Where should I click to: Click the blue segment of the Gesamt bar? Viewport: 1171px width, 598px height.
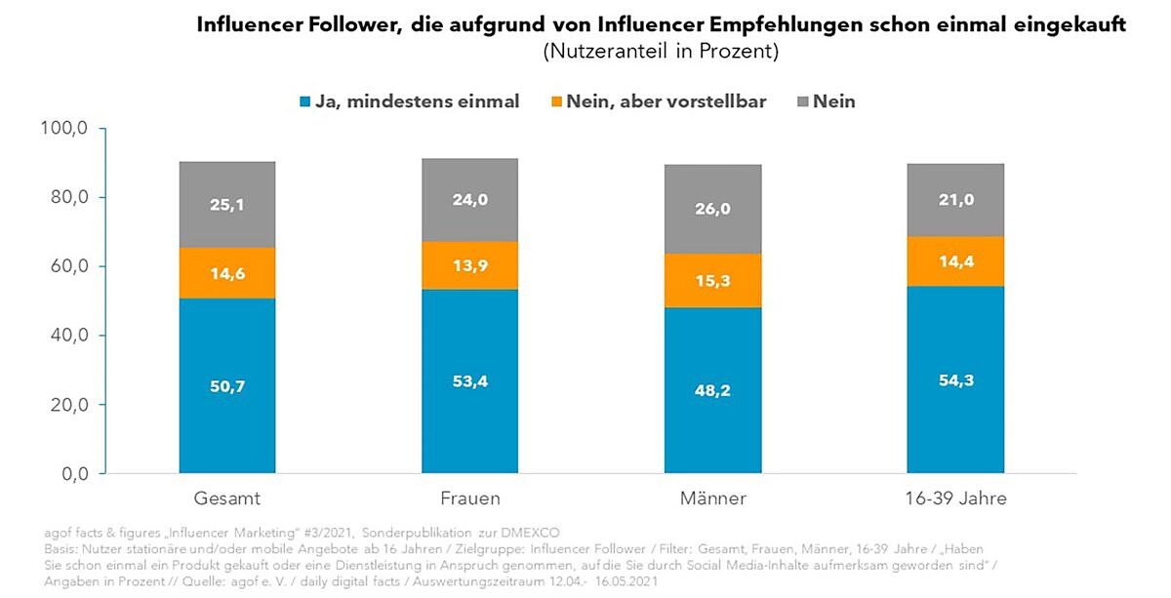227,385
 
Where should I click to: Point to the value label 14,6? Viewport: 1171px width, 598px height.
227,275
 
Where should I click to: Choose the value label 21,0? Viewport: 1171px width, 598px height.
955,200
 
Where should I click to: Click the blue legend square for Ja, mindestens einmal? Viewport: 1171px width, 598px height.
305,101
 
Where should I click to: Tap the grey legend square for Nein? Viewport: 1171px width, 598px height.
804,101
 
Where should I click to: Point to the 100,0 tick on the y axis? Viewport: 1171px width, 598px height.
67,129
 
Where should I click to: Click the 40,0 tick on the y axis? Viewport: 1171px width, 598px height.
70,336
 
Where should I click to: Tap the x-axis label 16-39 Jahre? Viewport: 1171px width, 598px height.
955,498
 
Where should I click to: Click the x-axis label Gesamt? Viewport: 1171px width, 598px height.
227,498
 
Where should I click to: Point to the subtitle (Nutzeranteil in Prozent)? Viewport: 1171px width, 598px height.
661,52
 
